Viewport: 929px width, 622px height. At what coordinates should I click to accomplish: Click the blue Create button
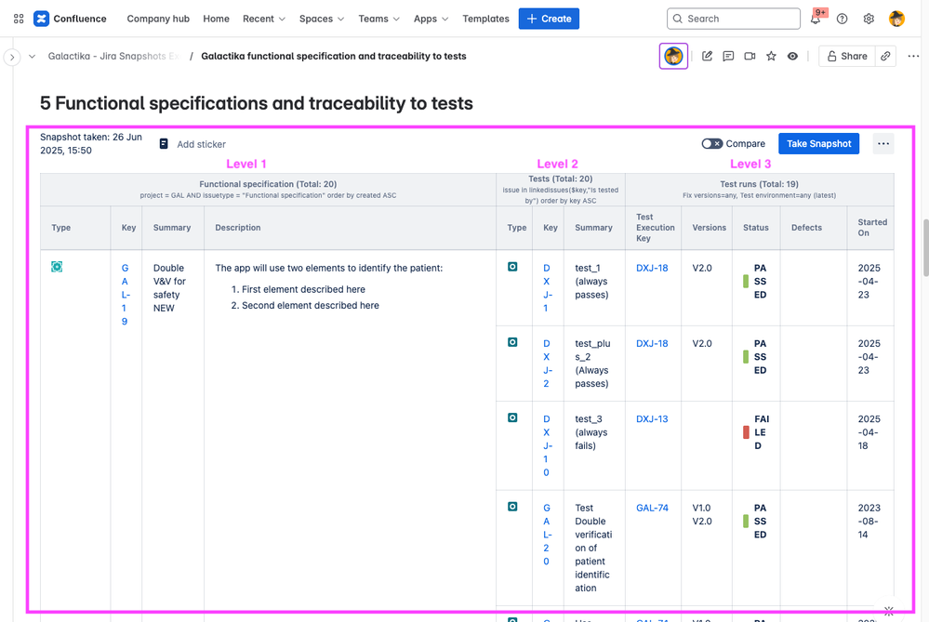tap(549, 19)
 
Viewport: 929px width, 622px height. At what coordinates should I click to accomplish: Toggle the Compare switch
tap(711, 144)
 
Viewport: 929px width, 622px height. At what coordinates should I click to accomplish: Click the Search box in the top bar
tap(733, 19)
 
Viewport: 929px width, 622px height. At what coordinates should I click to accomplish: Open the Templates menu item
tap(485, 19)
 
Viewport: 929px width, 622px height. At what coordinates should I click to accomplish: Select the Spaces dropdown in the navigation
tap(322, 19)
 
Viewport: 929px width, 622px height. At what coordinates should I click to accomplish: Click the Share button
tap(847, 57)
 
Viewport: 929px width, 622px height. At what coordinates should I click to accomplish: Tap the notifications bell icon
tap(816, 19)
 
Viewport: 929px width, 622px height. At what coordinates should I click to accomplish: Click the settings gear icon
tap(869, 19)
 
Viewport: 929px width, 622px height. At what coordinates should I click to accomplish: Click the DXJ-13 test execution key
tap(652, 419)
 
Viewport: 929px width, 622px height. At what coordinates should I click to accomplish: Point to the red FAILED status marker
tap(746, 432)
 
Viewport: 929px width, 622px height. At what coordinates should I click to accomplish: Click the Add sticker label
tap(201, 144)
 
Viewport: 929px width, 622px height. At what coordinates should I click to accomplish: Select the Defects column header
tap(806, 228)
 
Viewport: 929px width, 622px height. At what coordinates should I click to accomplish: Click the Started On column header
tap(872, 228)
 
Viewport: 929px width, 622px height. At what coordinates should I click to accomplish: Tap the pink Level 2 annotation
tap(558, 165)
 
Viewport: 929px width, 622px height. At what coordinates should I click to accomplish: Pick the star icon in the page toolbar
tap(771, 57)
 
